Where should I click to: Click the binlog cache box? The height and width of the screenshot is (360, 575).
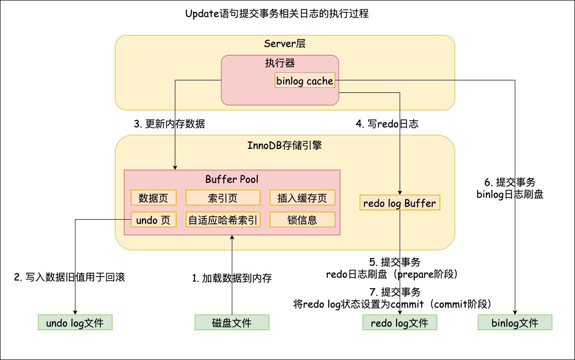point(305,81)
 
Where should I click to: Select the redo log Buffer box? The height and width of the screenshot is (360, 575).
point(400,203)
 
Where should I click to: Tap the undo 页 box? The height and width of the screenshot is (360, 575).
point(153,220)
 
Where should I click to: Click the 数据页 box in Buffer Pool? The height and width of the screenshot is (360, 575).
point(153,198)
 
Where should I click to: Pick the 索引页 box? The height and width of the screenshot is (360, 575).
point(223,198)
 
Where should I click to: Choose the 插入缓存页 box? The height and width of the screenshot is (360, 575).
point(302,198)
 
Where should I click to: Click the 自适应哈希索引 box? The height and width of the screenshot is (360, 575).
point(223,220)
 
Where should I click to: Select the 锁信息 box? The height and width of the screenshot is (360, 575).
point(302,220)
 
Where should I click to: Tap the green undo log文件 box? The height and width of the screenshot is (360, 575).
point(75,323)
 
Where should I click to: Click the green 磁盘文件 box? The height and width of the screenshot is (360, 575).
point(232,323)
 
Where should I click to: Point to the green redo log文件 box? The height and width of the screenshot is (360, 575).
point(400,323)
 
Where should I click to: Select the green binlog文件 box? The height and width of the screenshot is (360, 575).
point(515,323)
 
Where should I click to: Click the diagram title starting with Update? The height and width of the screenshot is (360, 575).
point(277,14)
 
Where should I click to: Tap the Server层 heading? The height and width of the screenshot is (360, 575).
point(285,44)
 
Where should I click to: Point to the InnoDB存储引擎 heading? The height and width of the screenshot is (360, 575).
point(285,145)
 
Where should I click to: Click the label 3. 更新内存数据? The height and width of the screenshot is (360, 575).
point(169,124)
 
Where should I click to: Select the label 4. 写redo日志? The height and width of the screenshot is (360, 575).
point(387,124)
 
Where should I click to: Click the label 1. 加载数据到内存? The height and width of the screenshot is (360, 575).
point(232,278)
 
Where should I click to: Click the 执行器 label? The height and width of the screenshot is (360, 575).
point(280,63)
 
